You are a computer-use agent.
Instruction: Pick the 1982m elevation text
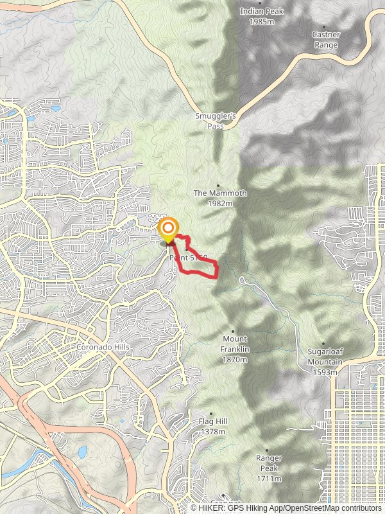coord(219,203)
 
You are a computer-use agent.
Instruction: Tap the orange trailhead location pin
coord(168,229)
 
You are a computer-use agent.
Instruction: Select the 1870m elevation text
coord(235,360)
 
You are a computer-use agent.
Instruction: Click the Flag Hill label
coord(213,421)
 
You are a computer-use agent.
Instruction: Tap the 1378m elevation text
coord(213,431)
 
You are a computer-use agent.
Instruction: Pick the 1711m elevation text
coord(269,479)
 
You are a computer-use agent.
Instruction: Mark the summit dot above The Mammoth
coord(219,185)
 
